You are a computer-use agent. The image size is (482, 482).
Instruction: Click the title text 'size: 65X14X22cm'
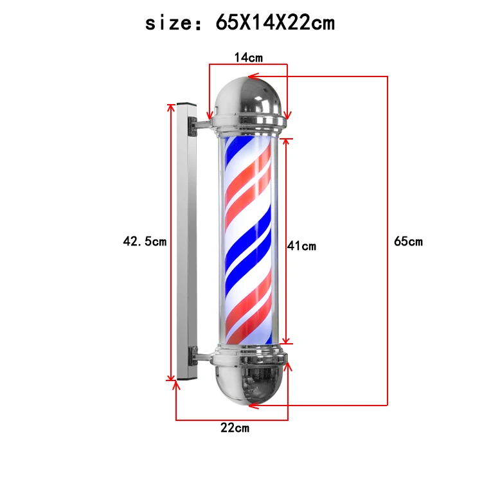(240, 23)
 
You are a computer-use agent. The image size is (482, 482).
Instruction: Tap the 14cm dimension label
(248, 57)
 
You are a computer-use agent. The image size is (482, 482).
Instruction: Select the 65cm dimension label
(408, 242)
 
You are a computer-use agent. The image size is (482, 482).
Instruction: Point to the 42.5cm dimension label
(145, 242)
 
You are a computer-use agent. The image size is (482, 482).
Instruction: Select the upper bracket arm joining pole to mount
(202, 123)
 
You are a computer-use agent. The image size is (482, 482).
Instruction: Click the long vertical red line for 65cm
(388, 193)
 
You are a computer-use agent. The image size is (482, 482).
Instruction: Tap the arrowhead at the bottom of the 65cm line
(253, 405)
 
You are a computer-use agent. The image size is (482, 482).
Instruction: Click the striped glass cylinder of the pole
(248, 241)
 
